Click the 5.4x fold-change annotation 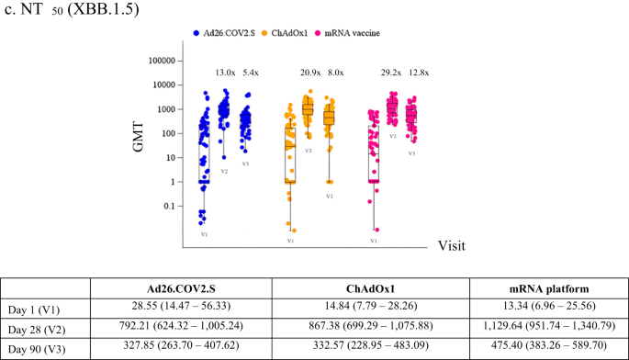(x=250, y=73)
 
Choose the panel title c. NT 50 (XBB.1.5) (x=69, y=10)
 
